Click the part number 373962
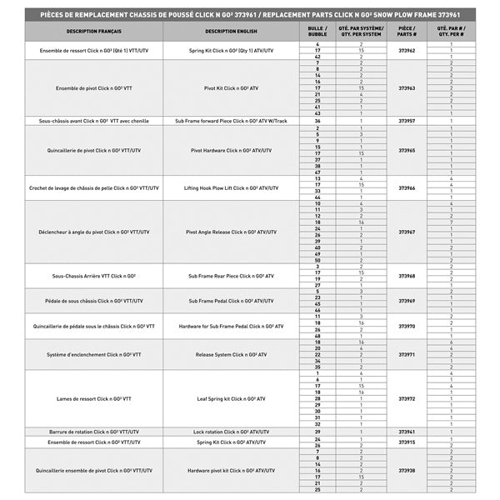407,51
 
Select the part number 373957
407,121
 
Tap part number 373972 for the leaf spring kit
407,399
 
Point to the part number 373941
407,432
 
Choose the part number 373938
407,471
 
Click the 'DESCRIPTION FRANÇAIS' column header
93,31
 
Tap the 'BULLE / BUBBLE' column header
317,31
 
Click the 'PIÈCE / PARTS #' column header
407,31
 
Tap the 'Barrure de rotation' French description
93,432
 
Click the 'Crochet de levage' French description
93,188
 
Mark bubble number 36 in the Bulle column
317,121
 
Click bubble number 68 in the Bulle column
317,336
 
